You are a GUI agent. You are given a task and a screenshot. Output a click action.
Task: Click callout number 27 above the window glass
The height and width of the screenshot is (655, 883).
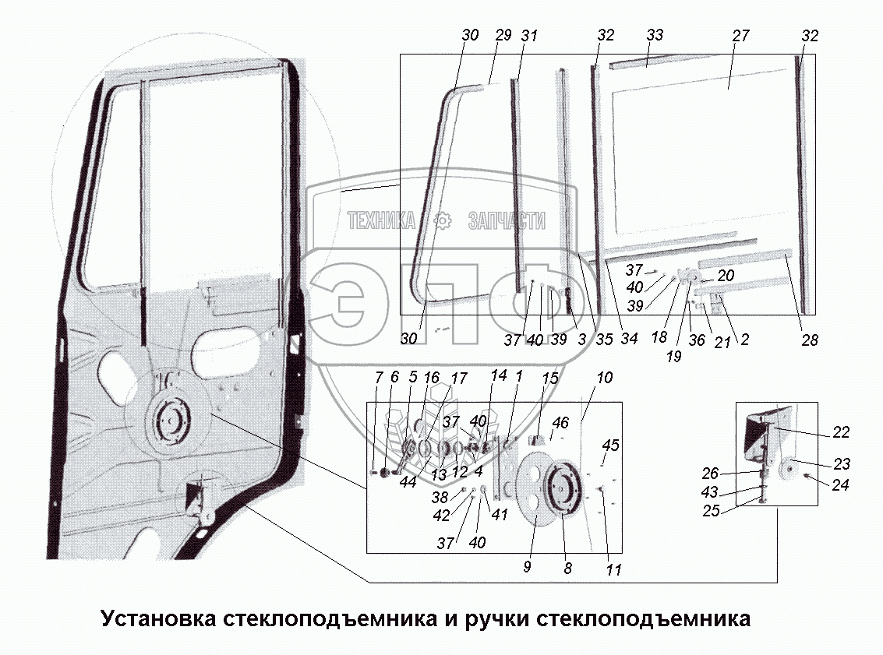tap(740, 37)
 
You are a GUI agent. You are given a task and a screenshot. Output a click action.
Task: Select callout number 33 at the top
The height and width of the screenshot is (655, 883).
tap(655, 37)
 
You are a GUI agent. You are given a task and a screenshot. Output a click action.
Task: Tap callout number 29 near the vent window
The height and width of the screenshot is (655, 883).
tap(503, 37)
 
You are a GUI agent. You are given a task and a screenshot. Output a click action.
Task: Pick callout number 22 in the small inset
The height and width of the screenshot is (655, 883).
tap(841, 433)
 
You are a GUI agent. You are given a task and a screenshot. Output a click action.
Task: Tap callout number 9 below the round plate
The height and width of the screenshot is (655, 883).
tap(527, 568)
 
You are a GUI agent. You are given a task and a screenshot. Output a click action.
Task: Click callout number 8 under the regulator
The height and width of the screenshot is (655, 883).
tap(567, 569)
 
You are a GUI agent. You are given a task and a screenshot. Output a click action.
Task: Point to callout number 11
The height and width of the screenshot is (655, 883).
tap(613, 570)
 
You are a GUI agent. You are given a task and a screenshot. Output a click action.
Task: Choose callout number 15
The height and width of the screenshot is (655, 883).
tap(550, 379)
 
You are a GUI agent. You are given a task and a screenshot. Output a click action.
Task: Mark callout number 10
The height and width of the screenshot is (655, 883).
tap(605, 379)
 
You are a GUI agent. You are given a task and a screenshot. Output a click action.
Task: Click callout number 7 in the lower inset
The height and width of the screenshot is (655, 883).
tap(379, 379)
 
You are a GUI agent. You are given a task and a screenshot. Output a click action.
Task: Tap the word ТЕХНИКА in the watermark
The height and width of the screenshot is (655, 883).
tap(381, 221)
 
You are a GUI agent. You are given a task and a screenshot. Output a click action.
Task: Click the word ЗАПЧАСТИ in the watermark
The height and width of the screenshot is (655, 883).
tap(506, 221)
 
